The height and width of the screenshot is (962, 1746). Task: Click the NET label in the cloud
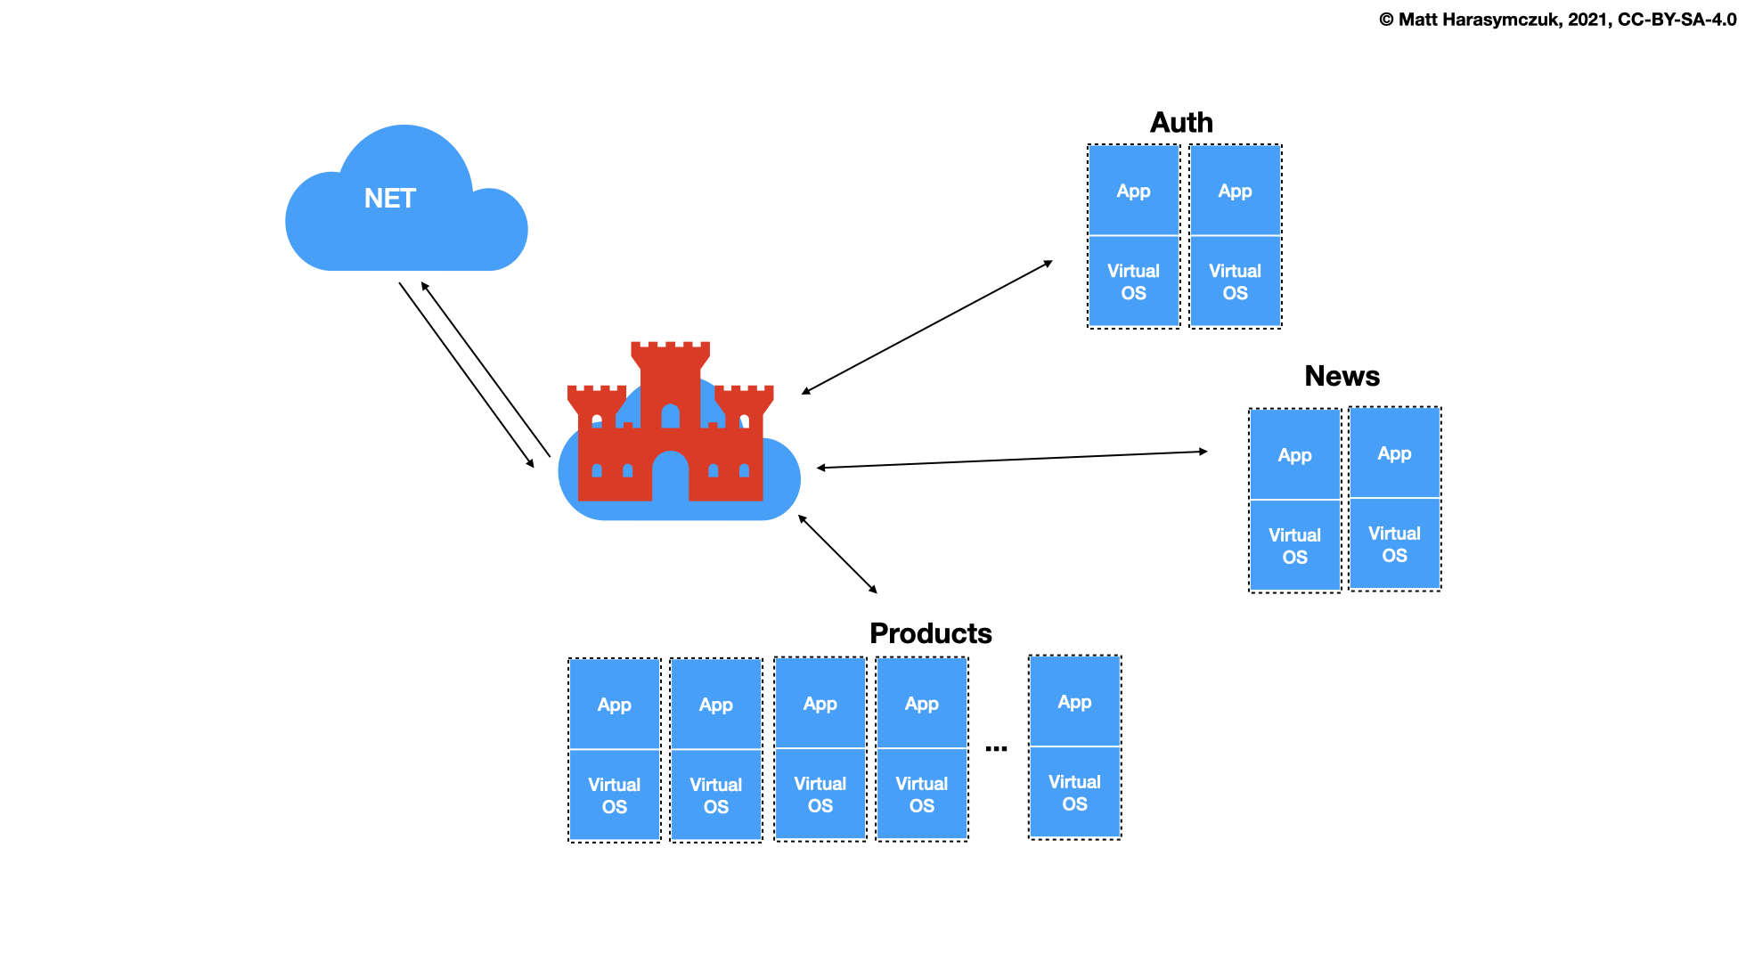click(390, 199)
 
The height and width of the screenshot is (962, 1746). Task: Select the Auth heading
click(1181, 123)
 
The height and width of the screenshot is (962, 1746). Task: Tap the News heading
click(1342, 376)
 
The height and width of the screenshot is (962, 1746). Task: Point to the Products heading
click(930, 633)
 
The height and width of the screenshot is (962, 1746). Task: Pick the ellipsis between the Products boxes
click(996, 749)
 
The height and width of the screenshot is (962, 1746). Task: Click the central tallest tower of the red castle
click(670, 383)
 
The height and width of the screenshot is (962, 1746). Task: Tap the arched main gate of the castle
click(670, 477)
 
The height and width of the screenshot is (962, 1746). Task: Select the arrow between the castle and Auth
click(927, 327)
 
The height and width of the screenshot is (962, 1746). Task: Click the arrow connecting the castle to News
click(1012, 460)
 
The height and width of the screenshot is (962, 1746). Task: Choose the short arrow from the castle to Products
click(837, 554)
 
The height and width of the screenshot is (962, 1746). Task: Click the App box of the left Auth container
click(1133, 191)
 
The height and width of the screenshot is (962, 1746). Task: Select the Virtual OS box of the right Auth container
click(1235, 281)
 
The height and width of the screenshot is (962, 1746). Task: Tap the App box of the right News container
click(1394, 453)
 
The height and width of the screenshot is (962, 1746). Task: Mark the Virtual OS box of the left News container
click(1294, 545)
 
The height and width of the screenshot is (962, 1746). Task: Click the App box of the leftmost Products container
click(614, 705)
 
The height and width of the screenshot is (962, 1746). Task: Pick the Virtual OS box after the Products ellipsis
click(1074, 792)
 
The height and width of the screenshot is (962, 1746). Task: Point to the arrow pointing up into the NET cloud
click(485, 370)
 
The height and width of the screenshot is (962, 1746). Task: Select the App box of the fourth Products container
click(921, 704)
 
